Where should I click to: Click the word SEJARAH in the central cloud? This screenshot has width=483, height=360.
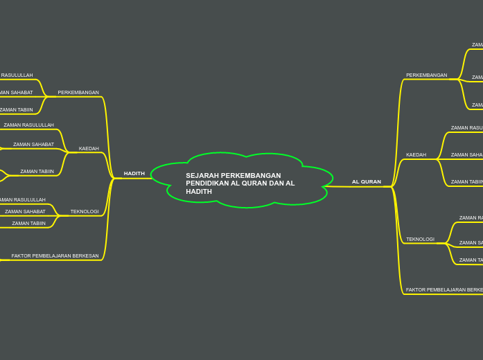(x=199, y=176)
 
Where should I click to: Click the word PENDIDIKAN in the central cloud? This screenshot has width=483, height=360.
(x=207, y=183)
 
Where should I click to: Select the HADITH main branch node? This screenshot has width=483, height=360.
(x=134, y=174)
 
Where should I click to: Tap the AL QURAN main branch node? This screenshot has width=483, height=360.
(x=366, y=182)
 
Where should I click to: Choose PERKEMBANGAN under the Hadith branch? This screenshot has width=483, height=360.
(x=78, y=92)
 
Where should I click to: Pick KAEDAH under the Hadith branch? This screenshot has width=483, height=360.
(x=89, y=148)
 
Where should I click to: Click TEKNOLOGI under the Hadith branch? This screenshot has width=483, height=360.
(x=85, y=211)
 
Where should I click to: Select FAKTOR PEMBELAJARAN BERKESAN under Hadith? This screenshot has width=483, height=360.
(x=55, y=256)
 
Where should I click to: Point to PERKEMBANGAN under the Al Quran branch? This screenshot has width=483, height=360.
(x=426, y=75)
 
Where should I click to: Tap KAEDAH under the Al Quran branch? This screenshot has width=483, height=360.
(x=416, y=155)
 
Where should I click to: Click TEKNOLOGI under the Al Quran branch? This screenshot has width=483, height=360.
(x=420, y=240)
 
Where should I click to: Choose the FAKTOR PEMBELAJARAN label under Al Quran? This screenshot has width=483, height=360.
(x=444, y=290)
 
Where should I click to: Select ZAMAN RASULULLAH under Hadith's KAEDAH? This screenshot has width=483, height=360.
(x=28, y=125)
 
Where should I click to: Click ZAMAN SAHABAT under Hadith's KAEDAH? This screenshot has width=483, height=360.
(x=33, y=145)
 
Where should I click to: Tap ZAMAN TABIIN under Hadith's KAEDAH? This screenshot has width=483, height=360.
(x=37, y=171)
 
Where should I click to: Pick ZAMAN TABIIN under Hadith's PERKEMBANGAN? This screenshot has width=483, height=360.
(x=16, y=109)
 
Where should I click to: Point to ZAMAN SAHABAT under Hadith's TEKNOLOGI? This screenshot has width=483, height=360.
(x=25, y=211)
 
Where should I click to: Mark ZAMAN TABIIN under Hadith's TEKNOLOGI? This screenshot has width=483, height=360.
(x=28, y=223)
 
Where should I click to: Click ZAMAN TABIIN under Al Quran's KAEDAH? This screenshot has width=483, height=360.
(x=466, y=182)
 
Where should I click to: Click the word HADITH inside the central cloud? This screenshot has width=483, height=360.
(x=199, y=192)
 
